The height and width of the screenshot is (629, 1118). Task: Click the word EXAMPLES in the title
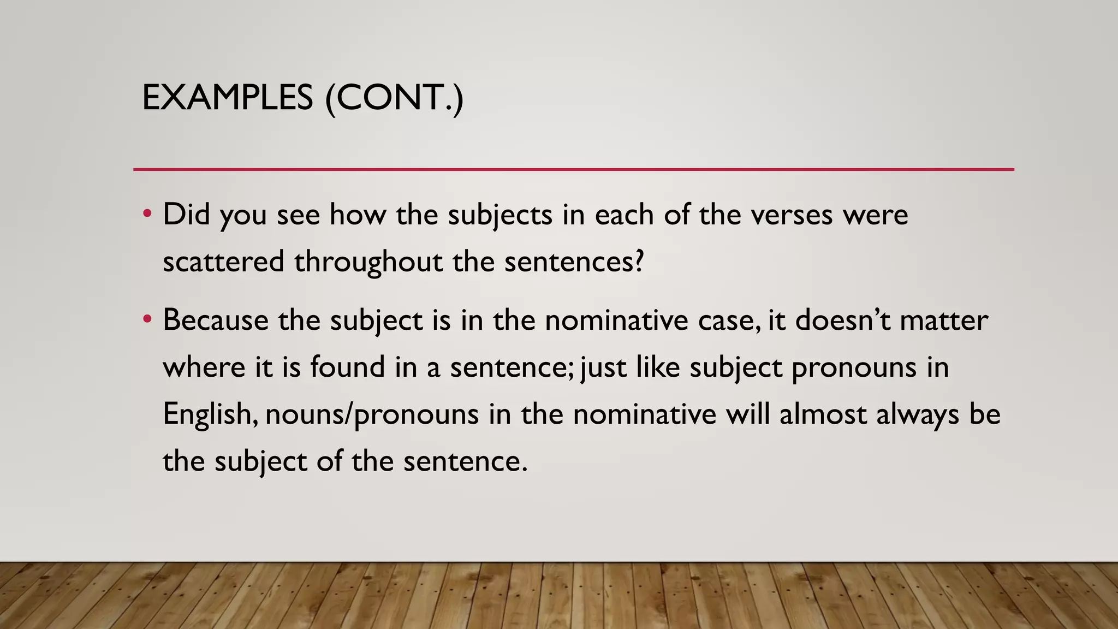(227, 98)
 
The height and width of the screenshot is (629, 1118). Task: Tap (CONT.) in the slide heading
(394, 98)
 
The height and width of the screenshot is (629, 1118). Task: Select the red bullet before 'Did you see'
(147, 213)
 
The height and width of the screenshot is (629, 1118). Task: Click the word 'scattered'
(223, 261)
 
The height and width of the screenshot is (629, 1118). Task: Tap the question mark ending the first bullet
(638, 261)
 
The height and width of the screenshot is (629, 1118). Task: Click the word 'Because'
(216, 319)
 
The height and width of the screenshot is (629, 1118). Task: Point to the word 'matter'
(943, 321)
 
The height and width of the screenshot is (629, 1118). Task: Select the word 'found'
(348, 366)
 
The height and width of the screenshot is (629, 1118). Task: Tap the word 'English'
(210, 414)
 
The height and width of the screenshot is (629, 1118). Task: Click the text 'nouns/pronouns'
(372, 414)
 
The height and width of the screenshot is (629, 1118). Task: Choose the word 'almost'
(823, 414)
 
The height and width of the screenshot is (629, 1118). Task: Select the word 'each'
(624, 214)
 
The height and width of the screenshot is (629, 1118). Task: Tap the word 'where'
(204, 366)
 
